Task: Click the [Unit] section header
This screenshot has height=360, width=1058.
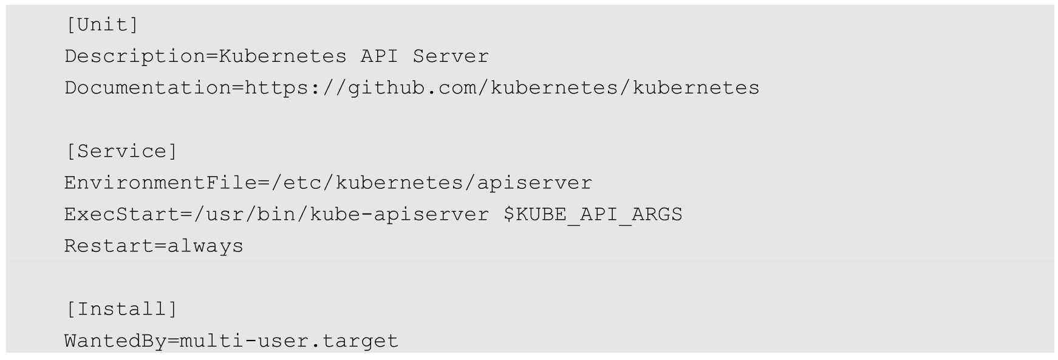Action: [102, 25]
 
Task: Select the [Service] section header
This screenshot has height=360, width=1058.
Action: [121, 151]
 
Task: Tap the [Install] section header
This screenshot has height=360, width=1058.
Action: [121, 309]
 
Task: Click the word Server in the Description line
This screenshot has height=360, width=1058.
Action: [451, 56]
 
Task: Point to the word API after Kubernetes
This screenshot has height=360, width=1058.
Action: [379, 56]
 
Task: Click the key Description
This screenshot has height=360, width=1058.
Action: [135, 56]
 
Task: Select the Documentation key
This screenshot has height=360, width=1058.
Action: [148, 88]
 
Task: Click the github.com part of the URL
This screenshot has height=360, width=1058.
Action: [412, 88]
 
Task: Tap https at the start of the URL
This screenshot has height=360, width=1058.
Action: [276, 88]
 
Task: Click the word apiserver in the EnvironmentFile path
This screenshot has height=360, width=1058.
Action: [534, 183]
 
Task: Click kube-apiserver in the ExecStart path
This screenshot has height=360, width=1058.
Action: [399, 214]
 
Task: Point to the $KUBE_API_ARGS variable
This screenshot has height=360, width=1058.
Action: [593, 214]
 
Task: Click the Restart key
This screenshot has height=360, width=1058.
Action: [109, 246]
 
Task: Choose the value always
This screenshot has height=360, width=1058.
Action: [205, 246]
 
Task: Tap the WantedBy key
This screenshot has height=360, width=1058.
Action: [115, 341]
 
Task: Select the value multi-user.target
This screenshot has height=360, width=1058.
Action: [289, 341]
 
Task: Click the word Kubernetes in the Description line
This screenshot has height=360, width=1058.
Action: [282, 56]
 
